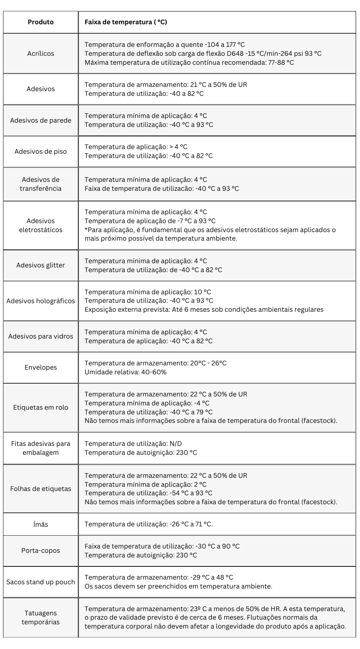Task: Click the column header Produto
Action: (x=40, y=22)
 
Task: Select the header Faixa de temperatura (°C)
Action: (x=126, y=22)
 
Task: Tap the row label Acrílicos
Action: (x=40, y=54)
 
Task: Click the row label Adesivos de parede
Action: (x=40, y=120)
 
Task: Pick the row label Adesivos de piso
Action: (x=40, y=151)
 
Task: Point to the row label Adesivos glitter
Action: (x=40, y=265)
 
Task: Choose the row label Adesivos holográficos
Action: (x=40, y=301)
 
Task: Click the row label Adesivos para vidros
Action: (x=40, y=336)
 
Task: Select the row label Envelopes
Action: (x=40, y=367)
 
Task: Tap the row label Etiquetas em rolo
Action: (x=40, y=407)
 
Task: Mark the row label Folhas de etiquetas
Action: (x=40, y=488)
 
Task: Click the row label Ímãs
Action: (x=40, y=524)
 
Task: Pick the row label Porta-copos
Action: (x=40, y=550)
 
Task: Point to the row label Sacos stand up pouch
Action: (x=40, y=582)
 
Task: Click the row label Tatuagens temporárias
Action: (x=40, y=617)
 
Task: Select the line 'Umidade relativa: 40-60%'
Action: (x=126, y=372)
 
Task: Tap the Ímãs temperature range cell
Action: (x=149, y=524)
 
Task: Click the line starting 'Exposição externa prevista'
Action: (x=204, y=310)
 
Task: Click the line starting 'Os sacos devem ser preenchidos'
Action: (x=178, y=586)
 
